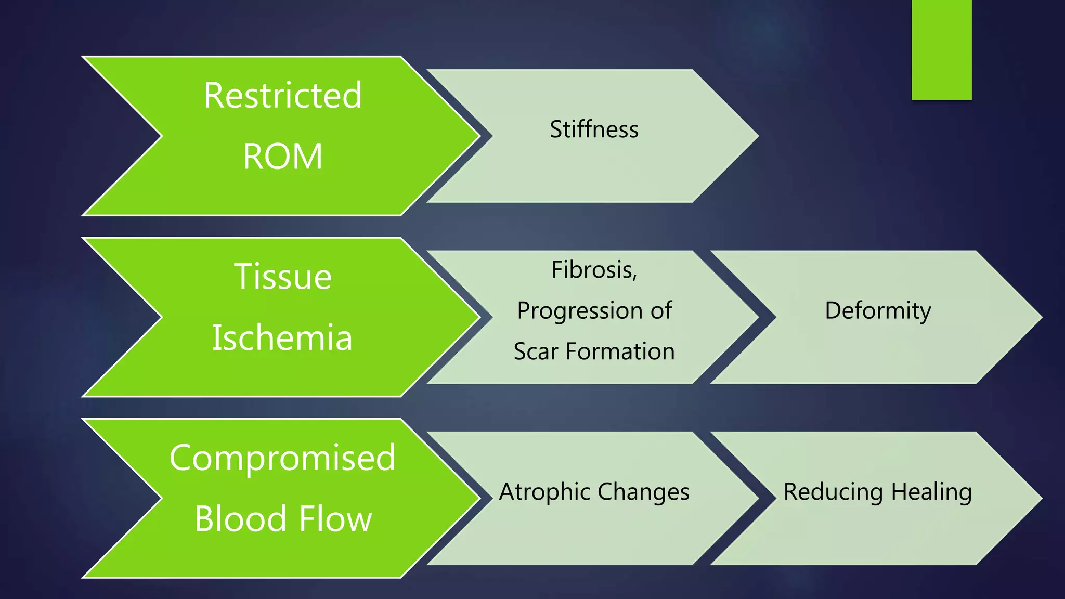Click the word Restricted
tap(282, 96)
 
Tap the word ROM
tap(282, 157)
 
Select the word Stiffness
tap(594, 129)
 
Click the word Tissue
tap(282, 277)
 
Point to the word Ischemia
tap(282, 338)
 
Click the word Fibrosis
tap(593, 270)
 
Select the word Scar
tap(536, 351)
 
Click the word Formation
tap(620, 351)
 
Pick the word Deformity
tap(878, 311)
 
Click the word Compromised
tap(282, 458)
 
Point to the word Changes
tap(643, 492)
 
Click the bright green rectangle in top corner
tap(941, 49)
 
